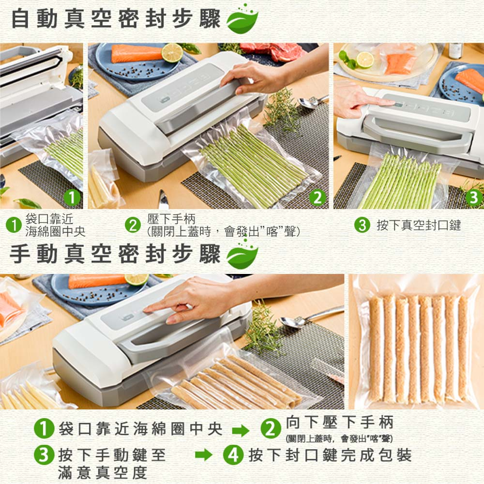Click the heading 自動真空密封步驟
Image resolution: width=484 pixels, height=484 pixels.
click(x=116, y=18)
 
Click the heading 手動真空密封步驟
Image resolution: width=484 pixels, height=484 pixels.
click(x=115, y=254)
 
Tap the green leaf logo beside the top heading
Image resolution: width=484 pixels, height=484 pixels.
click(x=242, y=19)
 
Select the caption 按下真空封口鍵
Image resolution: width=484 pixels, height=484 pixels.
click(x=419, y=225)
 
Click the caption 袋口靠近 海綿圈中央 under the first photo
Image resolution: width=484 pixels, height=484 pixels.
click(x=55, y=225)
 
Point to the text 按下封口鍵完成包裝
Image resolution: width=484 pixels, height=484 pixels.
click(x=330, y=454)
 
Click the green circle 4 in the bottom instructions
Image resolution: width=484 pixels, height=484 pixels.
click(x=233, y=454)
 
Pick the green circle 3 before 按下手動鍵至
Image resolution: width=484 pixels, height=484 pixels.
click(x=44, y=454)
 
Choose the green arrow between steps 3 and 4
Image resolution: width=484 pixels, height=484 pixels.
click(x=204, y=454)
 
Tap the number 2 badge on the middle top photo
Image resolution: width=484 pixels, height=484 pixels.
click(x=318, y=197)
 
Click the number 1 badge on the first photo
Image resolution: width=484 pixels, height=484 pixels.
click(x=72, y=197)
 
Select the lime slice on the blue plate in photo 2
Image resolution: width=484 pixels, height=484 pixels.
click(x=172, y=53)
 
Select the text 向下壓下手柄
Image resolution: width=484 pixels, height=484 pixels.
click(x=340, y=422)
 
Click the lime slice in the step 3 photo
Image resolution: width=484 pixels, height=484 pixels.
click(x=365, y=60)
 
